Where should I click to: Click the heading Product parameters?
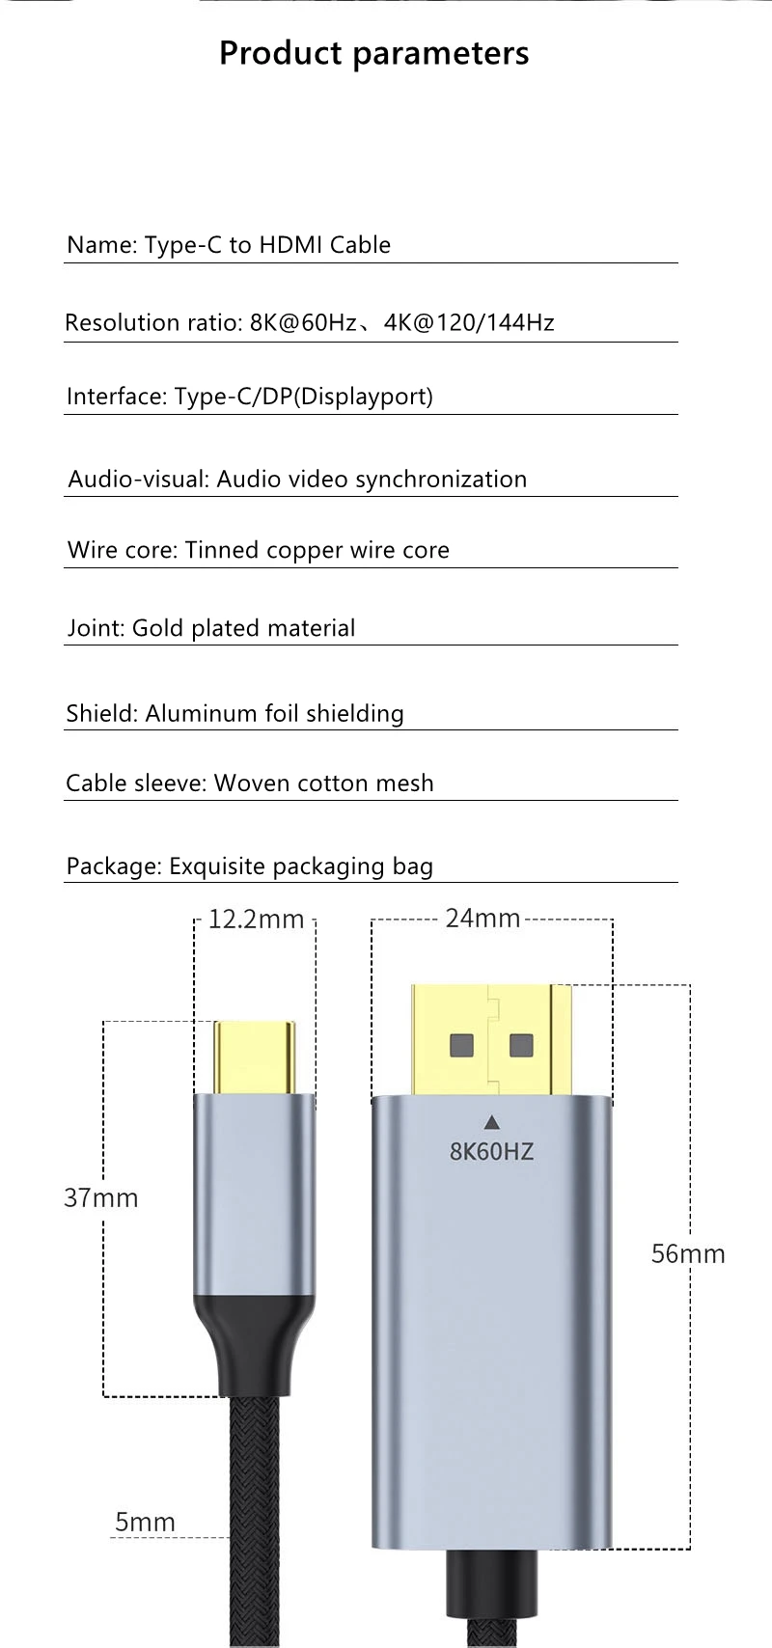coord(373,53)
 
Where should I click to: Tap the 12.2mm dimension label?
coord(256,920)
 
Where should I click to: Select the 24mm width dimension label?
coord(482,919)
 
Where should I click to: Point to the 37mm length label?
coord(101,1198)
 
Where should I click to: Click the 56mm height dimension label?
coord(688,1254)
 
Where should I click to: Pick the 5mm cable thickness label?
coord(145,1523)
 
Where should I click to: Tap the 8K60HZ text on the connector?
coord(491,1151)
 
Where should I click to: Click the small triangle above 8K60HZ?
coord(492,1122)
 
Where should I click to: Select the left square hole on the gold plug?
coord(462,1046)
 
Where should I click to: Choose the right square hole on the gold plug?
coord(521,1045)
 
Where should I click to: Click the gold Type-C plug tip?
coord(254,1057)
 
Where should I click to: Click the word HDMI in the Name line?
coord(290,245)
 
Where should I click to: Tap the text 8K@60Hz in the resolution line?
coord(303,322)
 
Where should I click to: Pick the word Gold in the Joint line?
coord(157,628)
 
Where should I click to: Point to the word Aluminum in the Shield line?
coord(191,713)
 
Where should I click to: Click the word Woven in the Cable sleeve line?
coord(246,783)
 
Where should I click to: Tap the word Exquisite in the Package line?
coord(217,866)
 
